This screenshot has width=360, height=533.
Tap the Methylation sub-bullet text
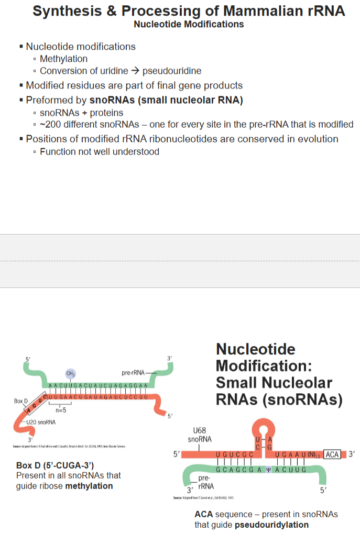coord(63,59)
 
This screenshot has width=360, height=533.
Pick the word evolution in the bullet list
coord(315,139)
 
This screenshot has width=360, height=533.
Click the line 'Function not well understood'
coord(100,151)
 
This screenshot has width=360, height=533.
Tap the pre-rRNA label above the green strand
coord(133,373)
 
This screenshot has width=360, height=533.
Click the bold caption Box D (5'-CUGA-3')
coord(55,465)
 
